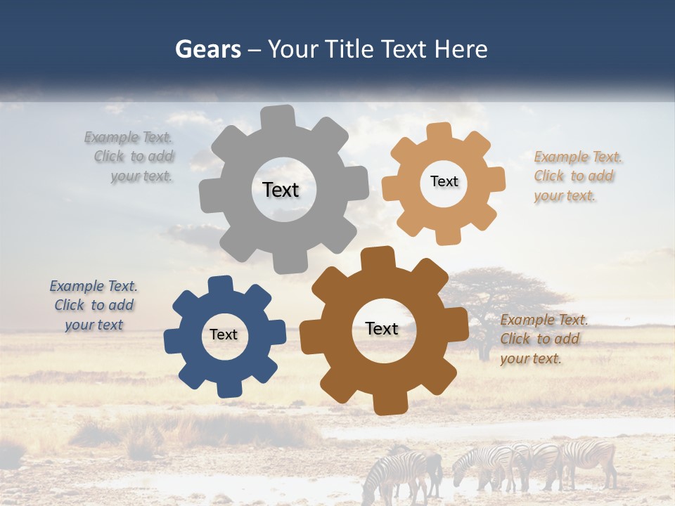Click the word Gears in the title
tap(207, 49)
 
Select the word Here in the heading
tap(461, 49)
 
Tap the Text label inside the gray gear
tap(281, 190)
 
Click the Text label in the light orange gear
tap(444, 181)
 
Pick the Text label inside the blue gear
tap(224, 335)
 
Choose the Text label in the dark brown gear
tap(382, 329)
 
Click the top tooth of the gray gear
tap(278, 117)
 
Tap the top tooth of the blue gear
tap(220, 285)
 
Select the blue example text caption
tap(94, 306)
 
